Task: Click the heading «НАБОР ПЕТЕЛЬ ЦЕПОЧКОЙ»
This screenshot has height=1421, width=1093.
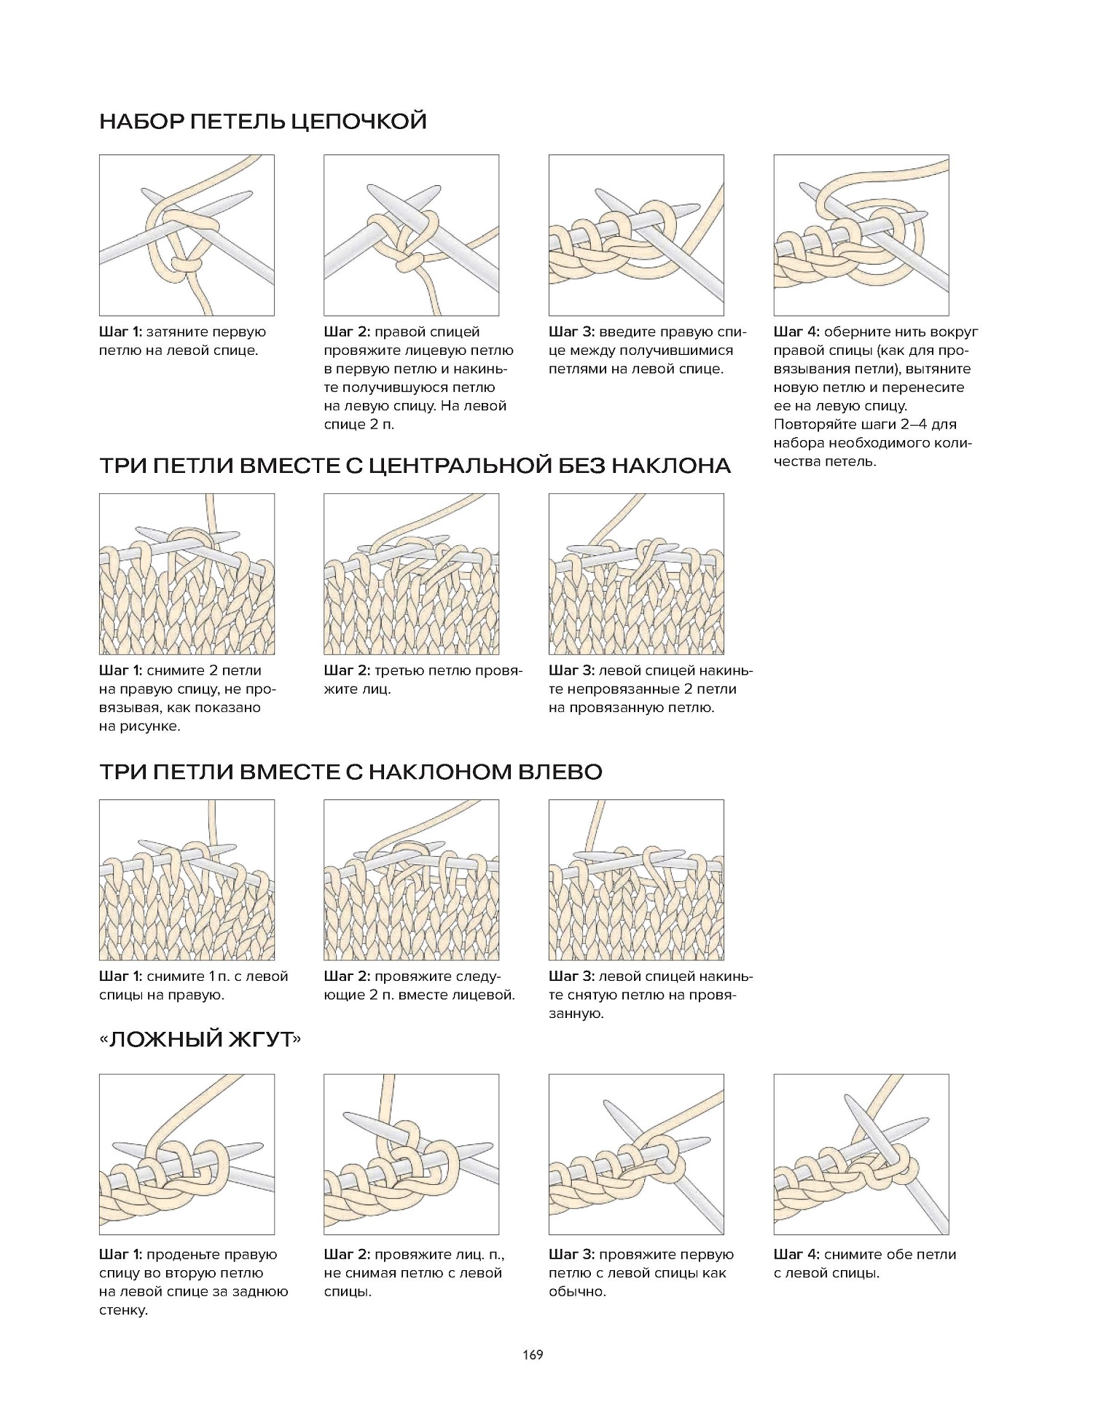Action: click(x=262, y=121)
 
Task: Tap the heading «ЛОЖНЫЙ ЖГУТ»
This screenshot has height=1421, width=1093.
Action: click(x=200, y=1038)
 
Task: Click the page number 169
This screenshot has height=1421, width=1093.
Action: click(x=533, y=1355)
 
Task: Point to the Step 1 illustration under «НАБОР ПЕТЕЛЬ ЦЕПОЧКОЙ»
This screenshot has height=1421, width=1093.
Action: click(x=187, y=235)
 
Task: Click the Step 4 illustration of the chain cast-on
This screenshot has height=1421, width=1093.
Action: click(x=861, y=235)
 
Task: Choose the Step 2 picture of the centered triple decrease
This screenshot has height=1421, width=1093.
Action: click(x=412, y=574)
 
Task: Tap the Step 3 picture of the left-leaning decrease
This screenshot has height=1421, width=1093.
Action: click(x=636, y=880)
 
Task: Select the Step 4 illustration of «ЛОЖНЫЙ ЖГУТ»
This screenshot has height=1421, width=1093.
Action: click(x=861, y=1154)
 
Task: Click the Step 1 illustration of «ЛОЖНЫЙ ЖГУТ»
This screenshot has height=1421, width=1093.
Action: click(x=187, y=1154)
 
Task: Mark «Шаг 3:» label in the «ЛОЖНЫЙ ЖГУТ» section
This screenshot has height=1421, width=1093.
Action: click(x=571, y=1254)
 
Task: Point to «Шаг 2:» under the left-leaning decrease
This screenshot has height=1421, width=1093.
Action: click(x=347, y=976)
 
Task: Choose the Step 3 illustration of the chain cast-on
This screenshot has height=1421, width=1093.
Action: click(x=636, y=235)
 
